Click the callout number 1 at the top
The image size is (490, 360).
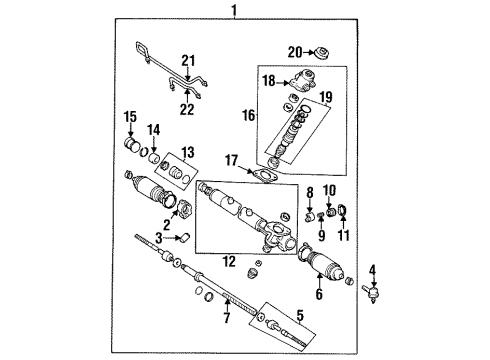(233, 11)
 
